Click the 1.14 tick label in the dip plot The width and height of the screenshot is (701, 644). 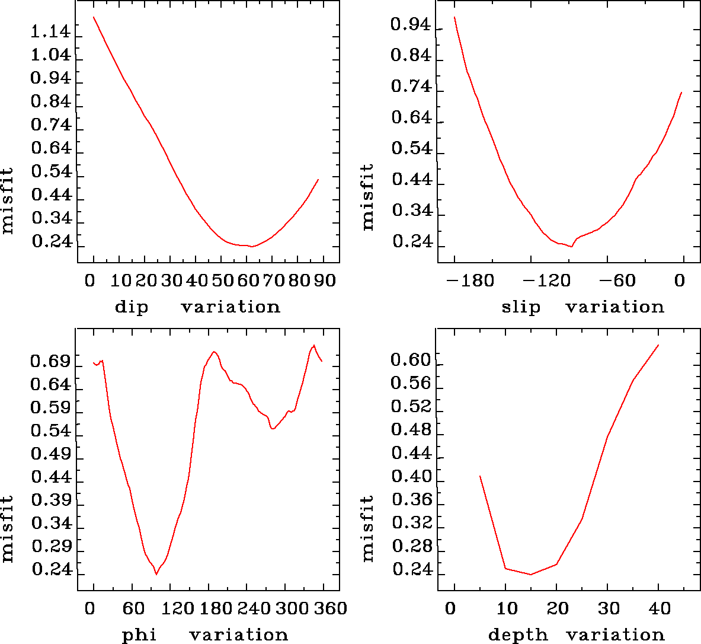pos(50,32)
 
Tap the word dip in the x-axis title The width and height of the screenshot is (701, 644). pos(132,307)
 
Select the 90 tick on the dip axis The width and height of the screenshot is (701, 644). pos(325,280)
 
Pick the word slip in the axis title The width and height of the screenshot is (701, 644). pos(521,307)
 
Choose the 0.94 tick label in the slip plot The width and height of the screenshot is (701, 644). pos(411,24)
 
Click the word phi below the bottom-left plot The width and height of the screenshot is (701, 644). pos(139,635)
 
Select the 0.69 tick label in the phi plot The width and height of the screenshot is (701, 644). pos(50,362)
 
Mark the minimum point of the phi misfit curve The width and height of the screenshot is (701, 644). pos(156,574)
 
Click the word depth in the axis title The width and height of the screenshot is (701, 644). pos(518,635)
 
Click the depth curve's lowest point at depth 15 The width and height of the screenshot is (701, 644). pos(531,574)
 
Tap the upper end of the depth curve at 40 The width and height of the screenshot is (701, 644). pos(658,345)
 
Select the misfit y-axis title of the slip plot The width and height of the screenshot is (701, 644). pos(368,197)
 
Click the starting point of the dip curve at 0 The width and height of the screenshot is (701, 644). pos(94,17)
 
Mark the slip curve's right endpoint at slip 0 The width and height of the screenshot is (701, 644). pos(682,93)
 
